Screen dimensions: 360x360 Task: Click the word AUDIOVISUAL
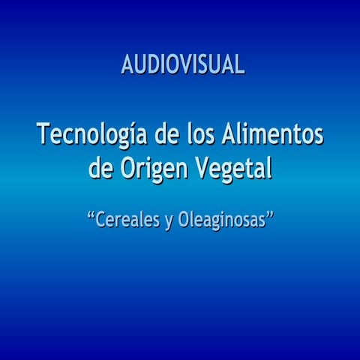pos(182,65)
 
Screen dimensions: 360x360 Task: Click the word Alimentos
pos(274,136)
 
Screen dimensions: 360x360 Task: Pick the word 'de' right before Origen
pos(100,168)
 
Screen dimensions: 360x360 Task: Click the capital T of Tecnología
pos(43,136)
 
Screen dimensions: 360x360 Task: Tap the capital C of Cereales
pos(102,220)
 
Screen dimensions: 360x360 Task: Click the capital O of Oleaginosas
pos(184,220)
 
